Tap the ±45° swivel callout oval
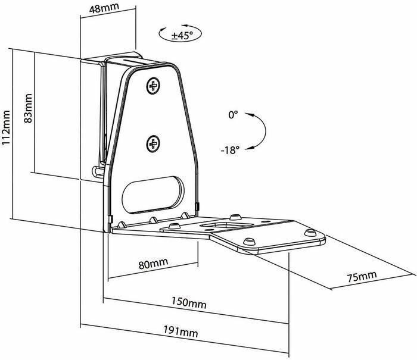(180, 35)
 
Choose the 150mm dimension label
(190, 303)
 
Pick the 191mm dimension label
(182, 339)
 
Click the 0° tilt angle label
(234, 115)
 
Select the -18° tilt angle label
(230, 150)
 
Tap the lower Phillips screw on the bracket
(154, 143)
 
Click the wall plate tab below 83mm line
(97, 173)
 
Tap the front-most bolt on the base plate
(247, 240)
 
